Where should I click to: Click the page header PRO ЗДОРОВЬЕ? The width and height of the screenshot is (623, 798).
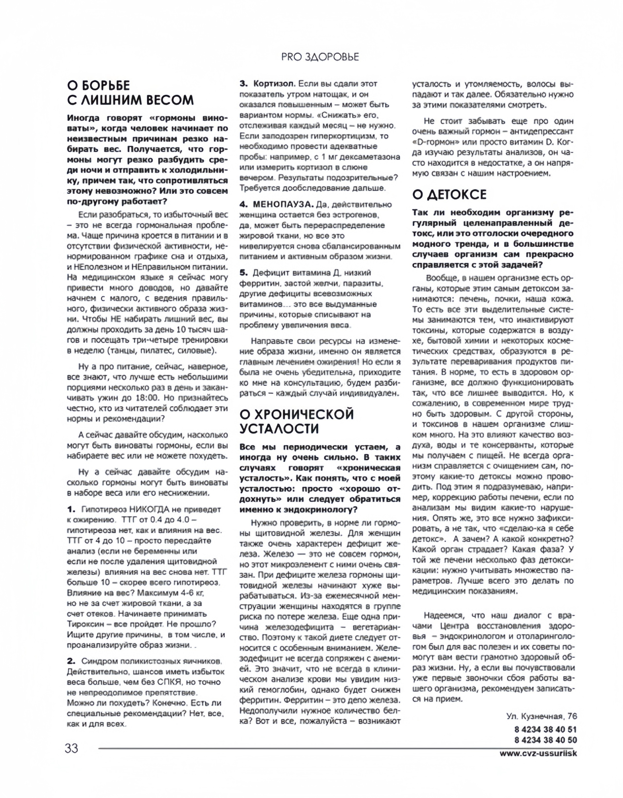coord(320,57)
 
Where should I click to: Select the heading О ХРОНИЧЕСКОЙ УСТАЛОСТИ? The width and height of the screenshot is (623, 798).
coord(297,421)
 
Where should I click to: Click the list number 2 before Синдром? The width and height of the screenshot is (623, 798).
coord(71,661)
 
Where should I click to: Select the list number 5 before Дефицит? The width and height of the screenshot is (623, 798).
coord(243,273)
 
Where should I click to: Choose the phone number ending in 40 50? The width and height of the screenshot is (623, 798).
coord(546,740)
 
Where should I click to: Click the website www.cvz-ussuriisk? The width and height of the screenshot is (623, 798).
coord(538,753)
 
